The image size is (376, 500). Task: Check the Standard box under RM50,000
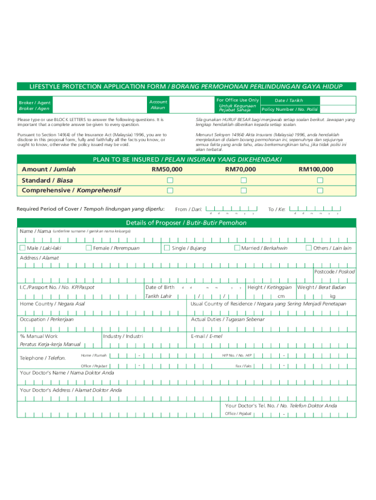click(170, 180)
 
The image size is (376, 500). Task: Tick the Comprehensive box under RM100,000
click(320, 190)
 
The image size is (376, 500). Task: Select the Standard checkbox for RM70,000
click(243, 180)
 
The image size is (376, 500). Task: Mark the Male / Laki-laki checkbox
click(22, 248)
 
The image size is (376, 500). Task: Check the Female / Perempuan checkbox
click(88, 248)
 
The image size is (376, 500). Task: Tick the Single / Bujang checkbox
click(167, 248)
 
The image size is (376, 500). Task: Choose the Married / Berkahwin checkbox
click(237, 248)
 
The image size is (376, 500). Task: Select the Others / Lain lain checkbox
click(309, 248)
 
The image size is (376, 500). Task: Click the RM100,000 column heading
click(316, 169)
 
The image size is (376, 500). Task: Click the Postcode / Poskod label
click(334, 271)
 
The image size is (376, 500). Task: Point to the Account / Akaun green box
click(158, 104)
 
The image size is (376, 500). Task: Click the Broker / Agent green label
click(35, 105)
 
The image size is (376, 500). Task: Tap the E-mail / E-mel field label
click(207, 336)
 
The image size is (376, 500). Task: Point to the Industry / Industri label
click(123, 336)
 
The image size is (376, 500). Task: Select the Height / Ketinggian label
click(270, 287)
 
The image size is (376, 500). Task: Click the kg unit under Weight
click(333, 296)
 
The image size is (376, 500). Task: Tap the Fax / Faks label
click(243, 366)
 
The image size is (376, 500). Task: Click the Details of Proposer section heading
click(186, 223)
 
